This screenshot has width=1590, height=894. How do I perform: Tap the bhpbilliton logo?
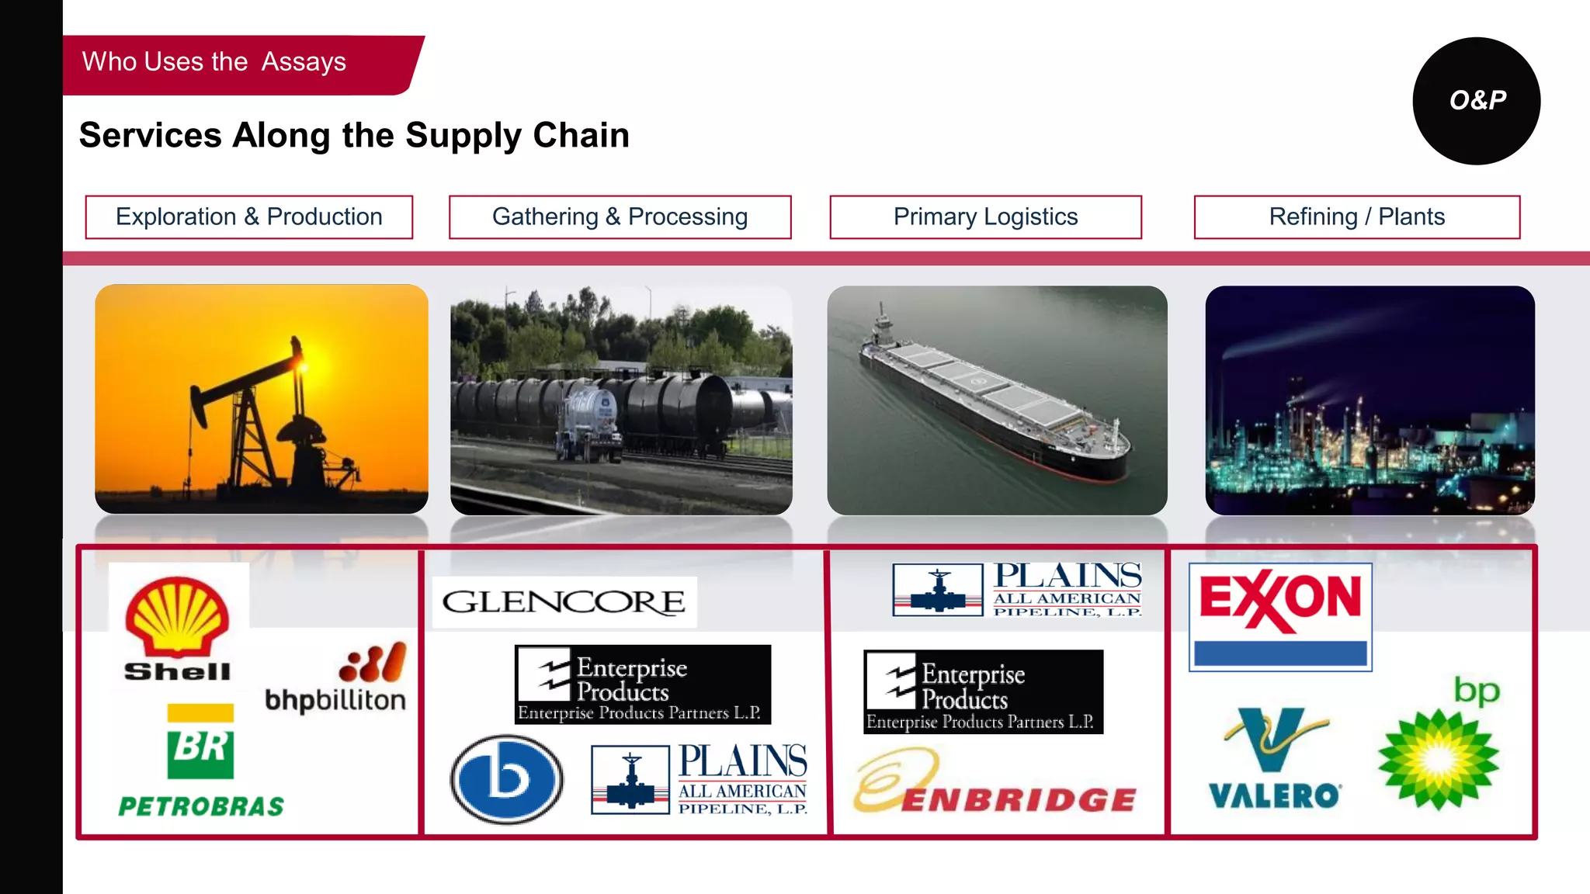[x=335, y=678]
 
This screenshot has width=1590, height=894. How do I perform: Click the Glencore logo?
[x=564, y=602]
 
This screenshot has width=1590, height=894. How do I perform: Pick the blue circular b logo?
[x=507, y=779]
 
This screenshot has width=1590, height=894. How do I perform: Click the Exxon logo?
[x=1280, y=616]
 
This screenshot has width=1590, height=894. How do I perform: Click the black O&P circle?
[x=1476, y=101]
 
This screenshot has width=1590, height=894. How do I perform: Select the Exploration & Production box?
[x=249, y=217]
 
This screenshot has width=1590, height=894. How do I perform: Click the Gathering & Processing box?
[x=620, y=217]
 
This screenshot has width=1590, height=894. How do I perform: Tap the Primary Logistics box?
[x=985, y=217]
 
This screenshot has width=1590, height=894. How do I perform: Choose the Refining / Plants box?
[x=1356, y=217]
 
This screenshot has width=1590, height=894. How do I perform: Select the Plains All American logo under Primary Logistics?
[x=1017, y=589]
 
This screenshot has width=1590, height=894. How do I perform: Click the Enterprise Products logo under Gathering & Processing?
[x=642, y=684]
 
